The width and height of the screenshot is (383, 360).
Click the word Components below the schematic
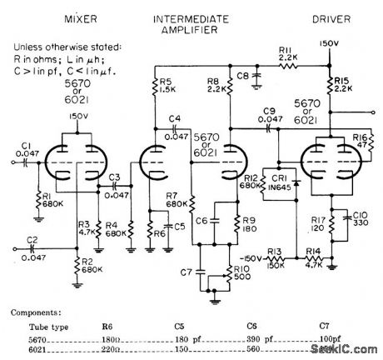37,312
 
